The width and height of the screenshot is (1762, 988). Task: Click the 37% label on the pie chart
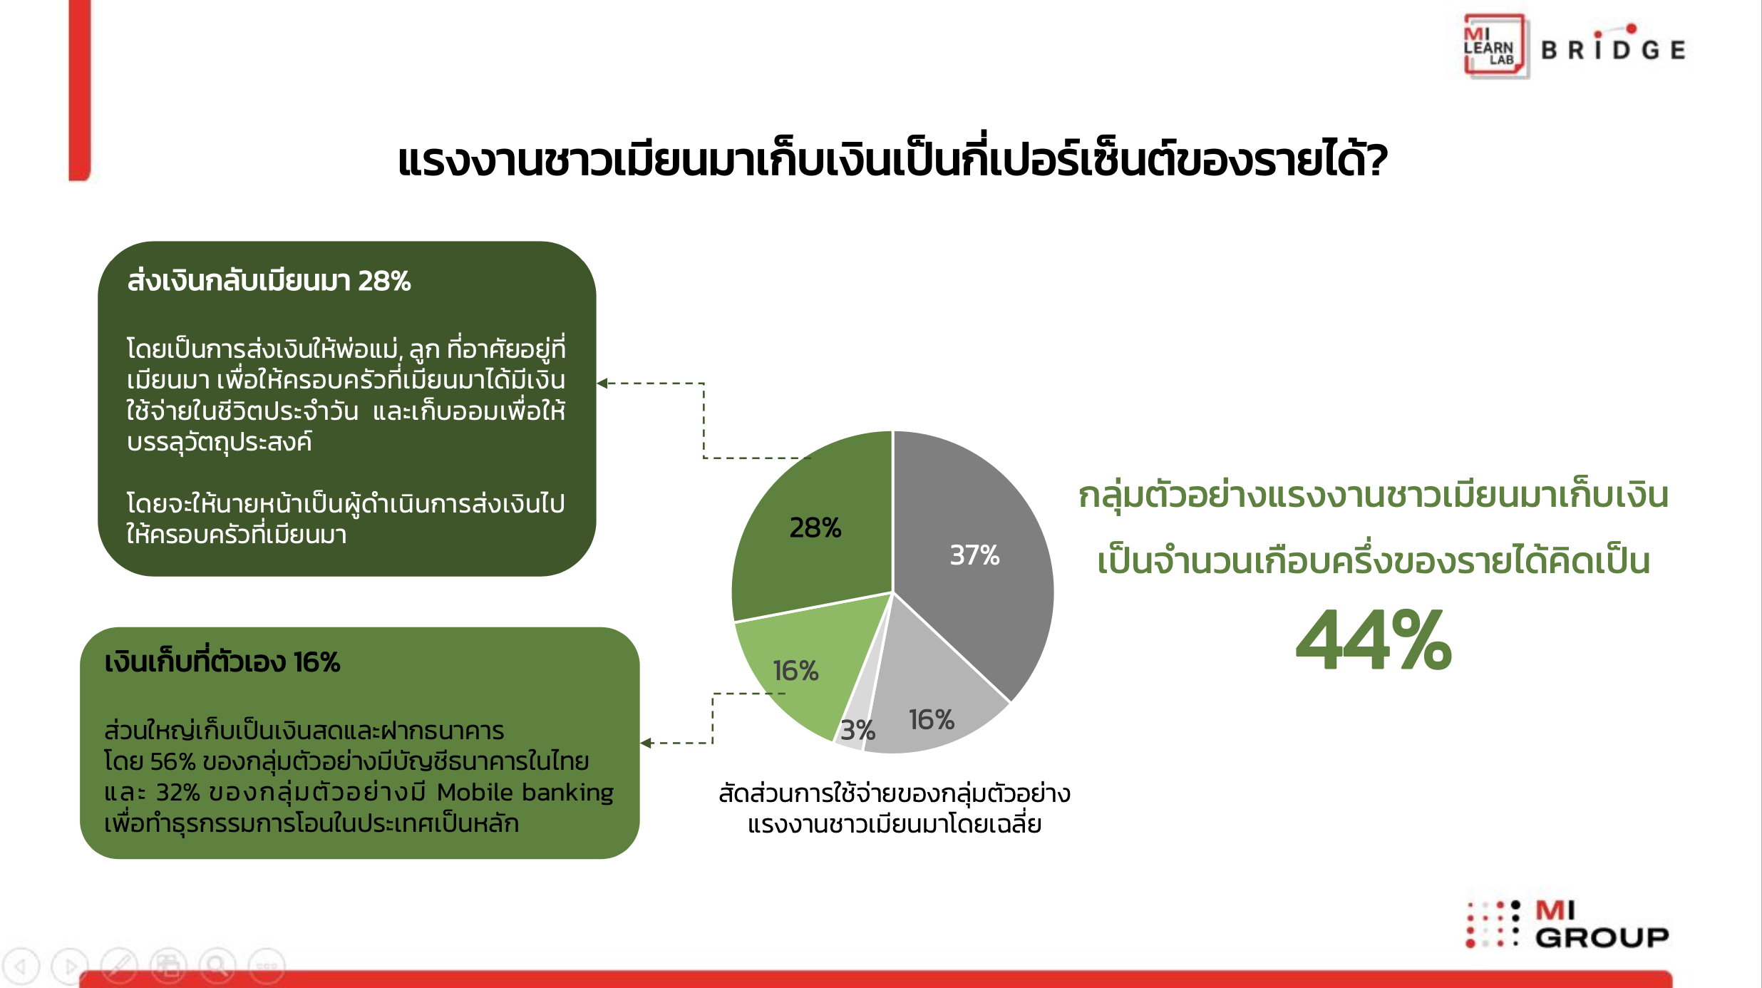click(x=974, y=555)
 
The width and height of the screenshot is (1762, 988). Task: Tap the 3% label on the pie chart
click(x=857, y=730)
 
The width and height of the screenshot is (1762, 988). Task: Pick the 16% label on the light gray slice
click(x=931, y=719)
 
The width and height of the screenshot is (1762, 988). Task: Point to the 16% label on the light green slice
click(x=795, y=671)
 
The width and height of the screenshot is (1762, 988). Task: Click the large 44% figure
click(x=1374, y=640)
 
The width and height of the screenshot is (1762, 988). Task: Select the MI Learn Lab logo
click(x=1495, y=46)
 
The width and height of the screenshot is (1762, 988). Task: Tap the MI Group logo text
click(x=1601, y=924)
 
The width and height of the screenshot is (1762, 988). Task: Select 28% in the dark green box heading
click(x=384, y=281)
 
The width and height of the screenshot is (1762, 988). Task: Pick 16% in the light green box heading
click(x=316, y=662)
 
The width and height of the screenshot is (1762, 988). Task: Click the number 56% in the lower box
click(x=172, y=761)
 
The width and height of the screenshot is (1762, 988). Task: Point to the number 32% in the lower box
click(x=178, y=792)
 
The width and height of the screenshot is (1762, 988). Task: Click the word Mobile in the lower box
click(x=475, y=792)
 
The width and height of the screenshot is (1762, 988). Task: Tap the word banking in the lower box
click(x=568, y=793)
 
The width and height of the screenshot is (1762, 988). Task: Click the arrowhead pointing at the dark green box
click(x=602, y=383)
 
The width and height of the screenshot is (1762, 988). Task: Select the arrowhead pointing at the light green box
click(x=646, y=743)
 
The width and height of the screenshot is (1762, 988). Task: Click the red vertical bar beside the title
click(x=80, y=90)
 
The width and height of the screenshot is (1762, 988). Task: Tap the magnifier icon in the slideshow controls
click(x=217, y=966)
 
